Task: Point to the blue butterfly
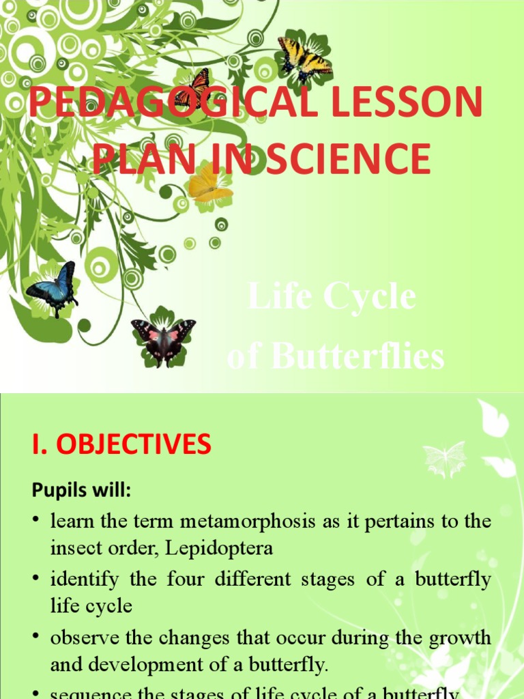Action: [x=54, y=286]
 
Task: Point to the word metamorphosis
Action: [x=244, y=522]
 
